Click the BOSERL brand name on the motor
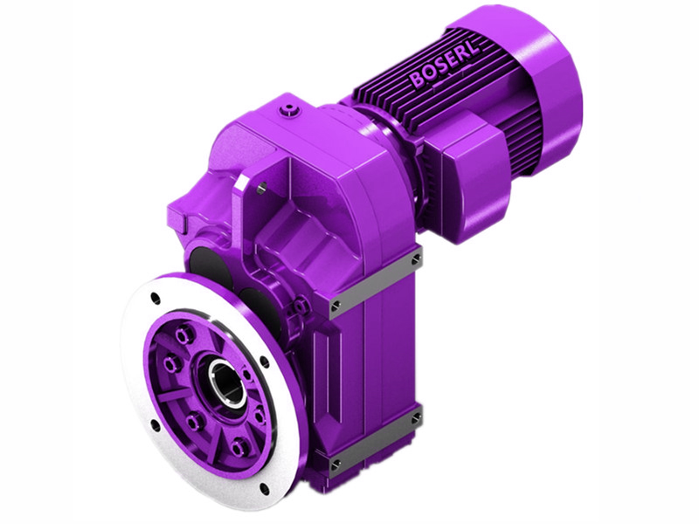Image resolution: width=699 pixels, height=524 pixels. point(444,65)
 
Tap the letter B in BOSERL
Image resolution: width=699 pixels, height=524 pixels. point(416,81)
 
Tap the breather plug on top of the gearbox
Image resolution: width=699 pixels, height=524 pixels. point(289,110)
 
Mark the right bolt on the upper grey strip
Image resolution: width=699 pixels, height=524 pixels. point(415,259)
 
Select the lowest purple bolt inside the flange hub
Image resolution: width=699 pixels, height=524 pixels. point(238,449)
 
